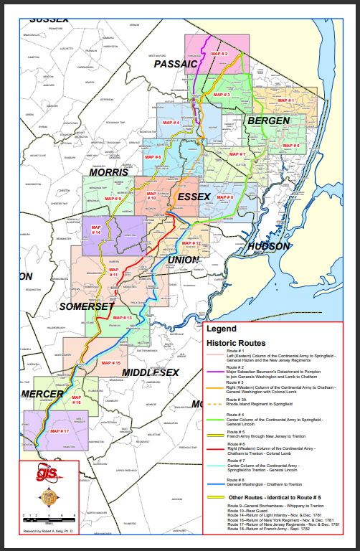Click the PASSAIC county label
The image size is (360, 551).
(x=175, y=64)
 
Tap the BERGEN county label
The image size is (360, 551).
(x=268, y=121)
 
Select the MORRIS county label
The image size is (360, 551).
(x=109, y=172)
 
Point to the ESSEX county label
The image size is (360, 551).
(x=194, y=196)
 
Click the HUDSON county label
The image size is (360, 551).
(x=269, y=246)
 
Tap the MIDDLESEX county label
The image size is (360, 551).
(x=150, y=372)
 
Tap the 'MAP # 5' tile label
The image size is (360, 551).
(x=291, y=146)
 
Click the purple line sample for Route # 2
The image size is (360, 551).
(x=214, y=371)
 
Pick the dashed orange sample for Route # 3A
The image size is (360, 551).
(x=214, y=403)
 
